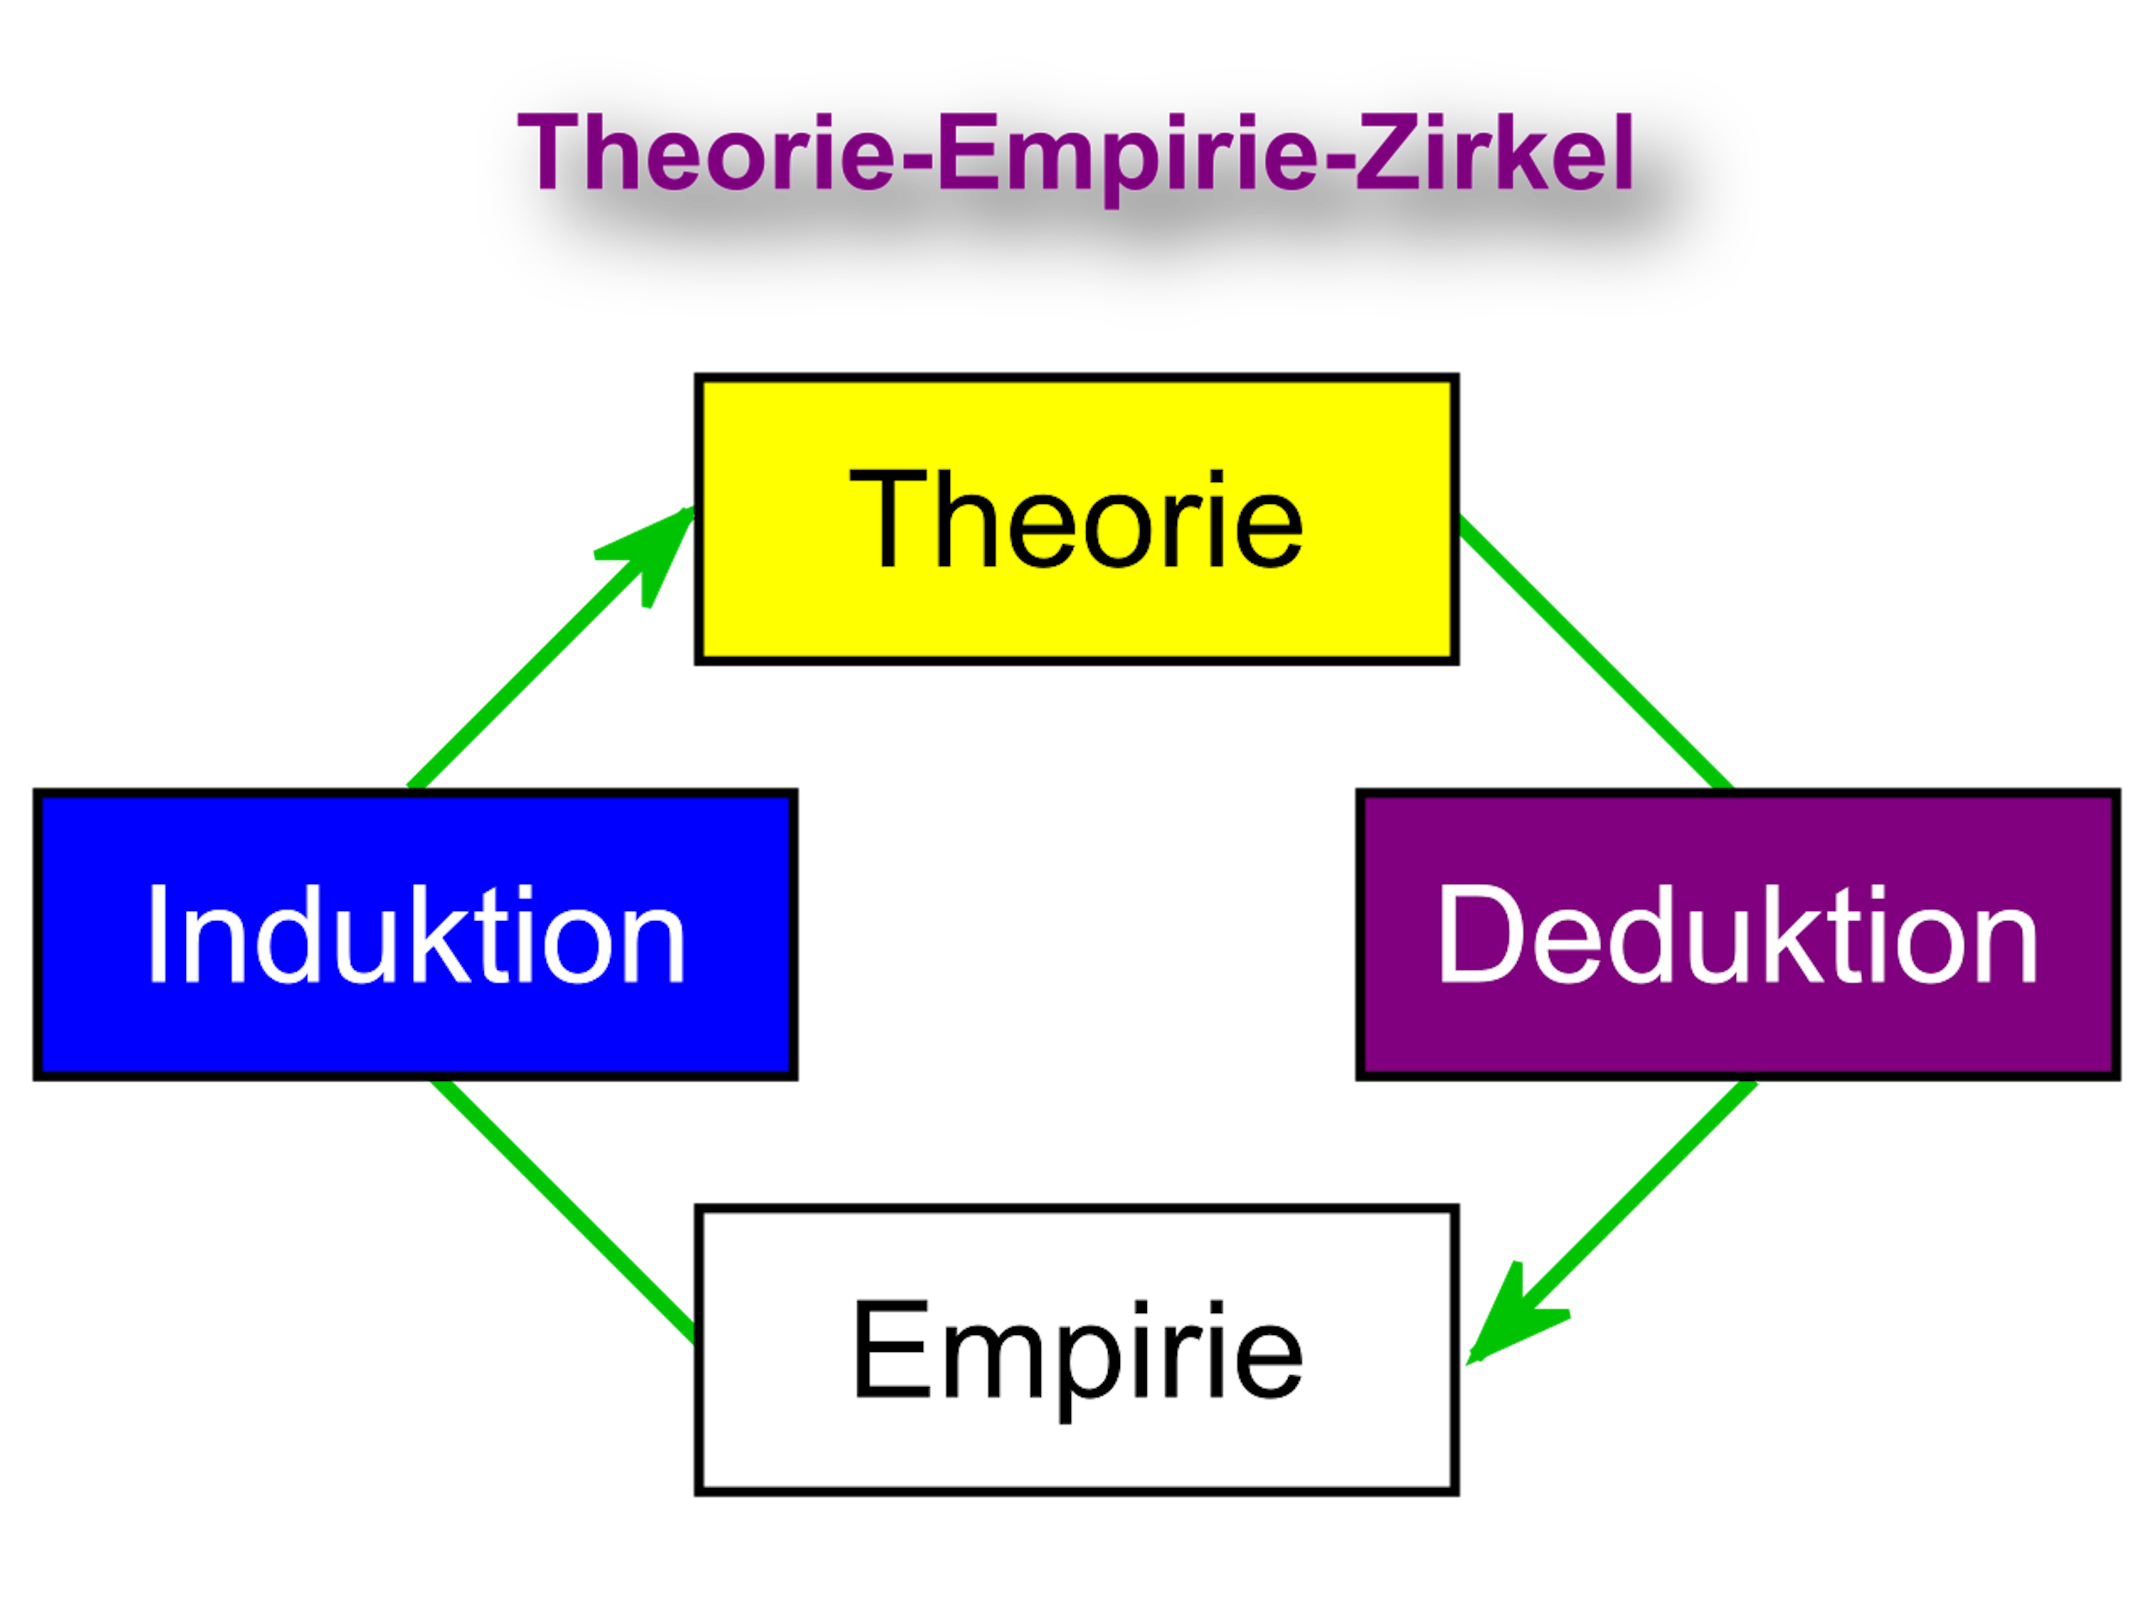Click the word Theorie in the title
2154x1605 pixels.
click(705, 152)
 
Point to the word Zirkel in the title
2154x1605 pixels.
click(1496, 152)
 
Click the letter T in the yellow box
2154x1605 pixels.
click(885, 519)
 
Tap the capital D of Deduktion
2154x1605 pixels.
click(1476, 934)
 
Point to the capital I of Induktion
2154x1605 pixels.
click(156, 934)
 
